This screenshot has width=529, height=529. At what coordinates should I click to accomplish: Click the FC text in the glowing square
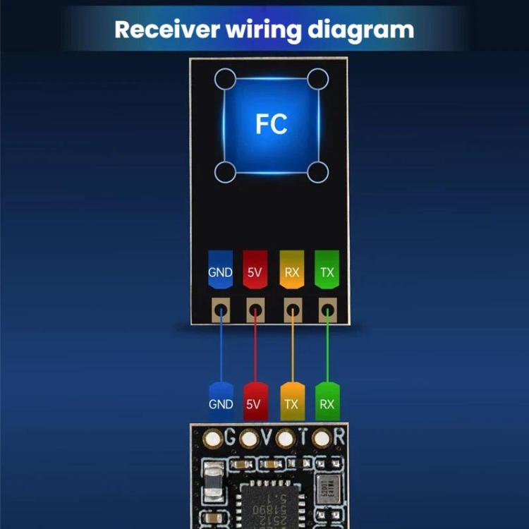click(x=272, y=123)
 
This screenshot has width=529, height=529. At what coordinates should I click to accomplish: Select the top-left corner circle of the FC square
click(x=225, y=78)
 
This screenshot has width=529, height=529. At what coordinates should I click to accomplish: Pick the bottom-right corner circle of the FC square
click(x=318, y=171)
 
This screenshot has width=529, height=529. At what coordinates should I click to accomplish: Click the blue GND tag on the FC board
click(x=221, y=269)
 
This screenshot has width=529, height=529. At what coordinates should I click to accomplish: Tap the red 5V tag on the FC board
click(x=255, y=269)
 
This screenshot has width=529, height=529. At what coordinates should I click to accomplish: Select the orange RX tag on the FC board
click(x=292, y=269)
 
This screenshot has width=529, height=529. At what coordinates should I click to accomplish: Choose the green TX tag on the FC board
click(x=327, y=269)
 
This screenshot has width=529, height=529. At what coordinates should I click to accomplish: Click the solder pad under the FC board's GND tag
click(x=221, y=308)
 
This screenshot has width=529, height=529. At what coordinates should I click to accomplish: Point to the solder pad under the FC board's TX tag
click(x=327, y=308)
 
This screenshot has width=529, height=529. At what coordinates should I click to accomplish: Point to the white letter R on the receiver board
click(x=339, y=437)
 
